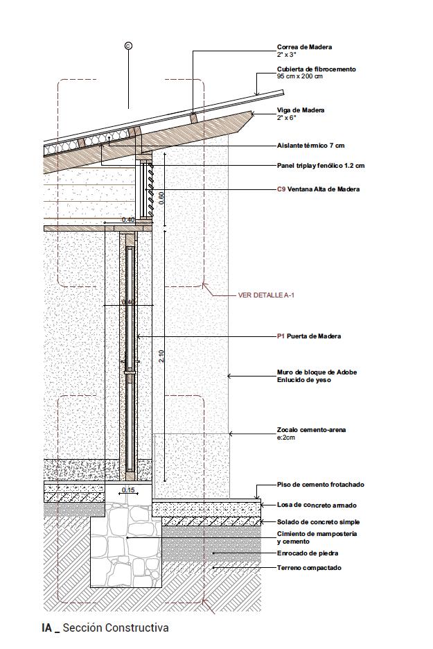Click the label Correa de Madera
click(304, 47)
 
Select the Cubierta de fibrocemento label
click(316, 69)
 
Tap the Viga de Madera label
click(301, 110)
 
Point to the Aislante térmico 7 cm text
click(310, 146)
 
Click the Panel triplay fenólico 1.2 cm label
click(321, 166)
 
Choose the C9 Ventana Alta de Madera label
click(318, 189)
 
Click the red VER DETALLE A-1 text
click(266, 295)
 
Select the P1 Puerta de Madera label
click(309, 336)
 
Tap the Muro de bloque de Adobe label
click(317, 372)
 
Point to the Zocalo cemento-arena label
click(311, 430)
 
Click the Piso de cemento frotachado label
click(320, 485)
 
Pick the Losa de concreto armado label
click(317, 505)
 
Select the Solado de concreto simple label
click(319, 522)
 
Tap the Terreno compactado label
click(309, 568)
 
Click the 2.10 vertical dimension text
click(161, 356)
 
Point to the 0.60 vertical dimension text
click(161, 197)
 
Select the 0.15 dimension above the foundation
click(128, 490)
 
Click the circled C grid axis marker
click(128, 46)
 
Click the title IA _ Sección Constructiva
click(105, 628)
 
